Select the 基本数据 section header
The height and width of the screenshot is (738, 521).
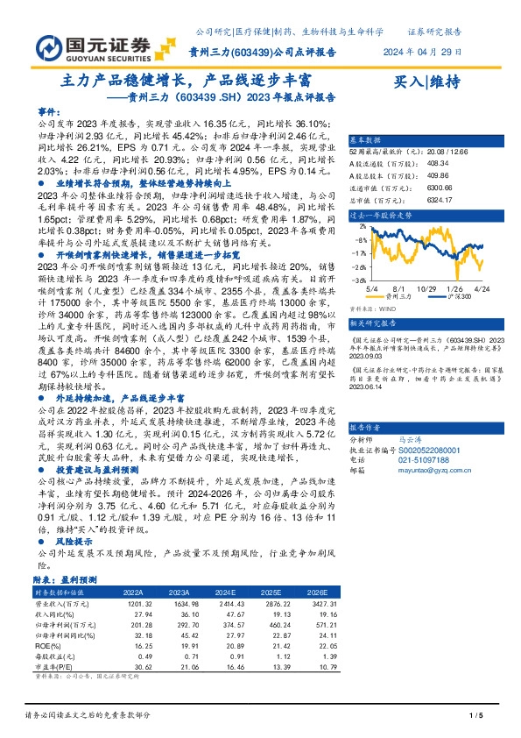(366, 140)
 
